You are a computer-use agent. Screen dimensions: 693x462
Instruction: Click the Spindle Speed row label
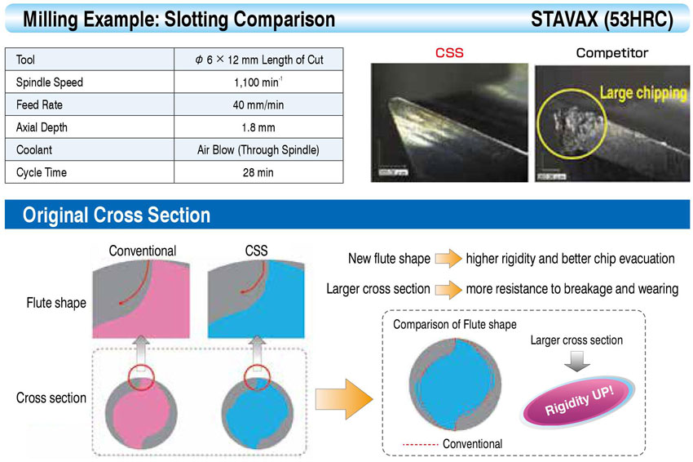[x=50, y=82]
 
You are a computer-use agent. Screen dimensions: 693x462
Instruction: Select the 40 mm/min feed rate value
[x=258, y=104]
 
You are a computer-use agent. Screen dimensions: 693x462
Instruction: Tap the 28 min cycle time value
[x=258, y=172]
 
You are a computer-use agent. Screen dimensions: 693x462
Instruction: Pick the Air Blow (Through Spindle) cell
[x=258, y=150]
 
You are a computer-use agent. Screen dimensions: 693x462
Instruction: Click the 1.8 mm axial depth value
[x=258, y=127]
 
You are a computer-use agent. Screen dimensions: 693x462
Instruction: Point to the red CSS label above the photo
[x=449, y=53]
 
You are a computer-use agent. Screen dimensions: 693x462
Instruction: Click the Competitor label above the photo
[x=612, y=53]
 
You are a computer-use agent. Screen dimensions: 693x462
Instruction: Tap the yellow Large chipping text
[x=643, y=93]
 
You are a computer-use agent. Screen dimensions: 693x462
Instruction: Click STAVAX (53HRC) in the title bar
[x=602, y=20]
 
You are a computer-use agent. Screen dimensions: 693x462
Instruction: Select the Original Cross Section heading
[x=117, y=215]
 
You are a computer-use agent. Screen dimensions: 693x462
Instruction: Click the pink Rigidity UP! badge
[x=579, y=400]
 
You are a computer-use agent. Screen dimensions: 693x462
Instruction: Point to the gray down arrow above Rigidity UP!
[x=576, y=361]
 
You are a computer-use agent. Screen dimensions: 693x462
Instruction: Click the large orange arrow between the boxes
[x=344, y=399]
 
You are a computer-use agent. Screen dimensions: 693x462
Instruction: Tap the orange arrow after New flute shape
[x=448, y=259]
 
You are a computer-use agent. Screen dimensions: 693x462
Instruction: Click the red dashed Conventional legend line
[x=421, y=444]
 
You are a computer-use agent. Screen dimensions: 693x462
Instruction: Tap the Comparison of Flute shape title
[x=455, y=324]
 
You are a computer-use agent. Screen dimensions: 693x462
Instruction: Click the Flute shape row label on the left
[x=56, y=303]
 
